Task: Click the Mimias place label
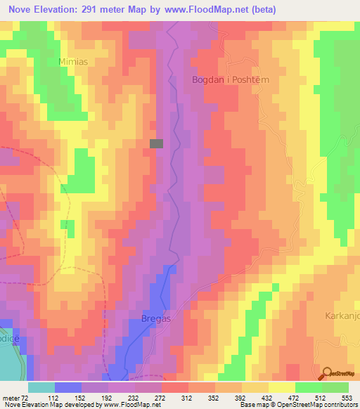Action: coord(73,61)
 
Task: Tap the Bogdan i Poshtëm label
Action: coord(231,80)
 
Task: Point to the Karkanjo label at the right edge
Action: coord(342,316)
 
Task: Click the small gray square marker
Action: coord(156,143)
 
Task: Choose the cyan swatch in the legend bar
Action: coord(41,387)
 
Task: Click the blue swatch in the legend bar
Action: coord(68,387)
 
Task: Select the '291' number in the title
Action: coord(103,10)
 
